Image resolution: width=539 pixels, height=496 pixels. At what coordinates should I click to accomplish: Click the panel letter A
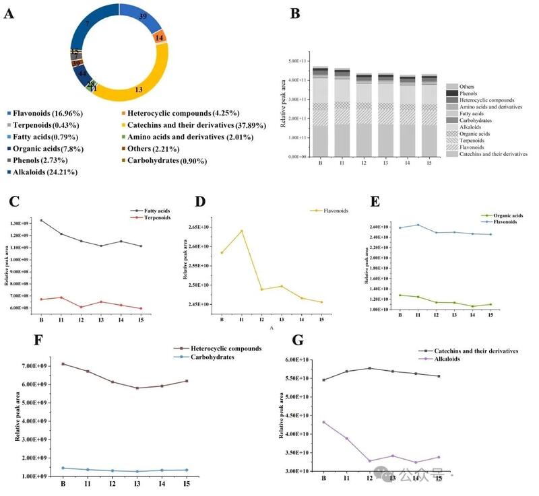pyautogui.click(x=9, y=13)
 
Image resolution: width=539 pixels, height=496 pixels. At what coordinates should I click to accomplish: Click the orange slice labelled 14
pyautogui.click(x=160, y=38)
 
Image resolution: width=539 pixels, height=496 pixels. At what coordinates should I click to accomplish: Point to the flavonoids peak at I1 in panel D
pyautogui.click(x=241, y=231)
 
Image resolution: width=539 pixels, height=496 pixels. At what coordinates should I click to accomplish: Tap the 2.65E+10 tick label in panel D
pyautogui.click(x=196, y=227)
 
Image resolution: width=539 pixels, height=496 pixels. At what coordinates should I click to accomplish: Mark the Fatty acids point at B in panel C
pyautogui.click(x=41, y=220)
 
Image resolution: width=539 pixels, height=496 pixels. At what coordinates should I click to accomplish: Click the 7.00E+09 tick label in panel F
pyautogui.click(x=38, y=366)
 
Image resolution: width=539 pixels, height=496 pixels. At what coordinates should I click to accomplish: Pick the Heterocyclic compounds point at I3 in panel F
pyautogui.click(x=137, y=388)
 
